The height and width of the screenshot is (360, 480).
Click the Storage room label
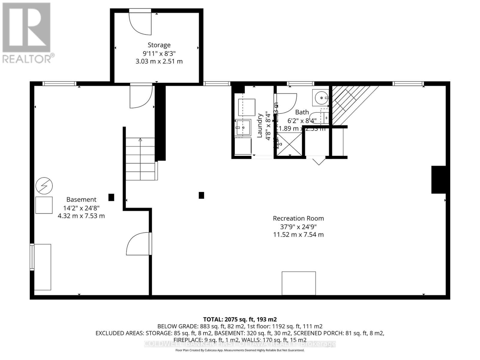159,45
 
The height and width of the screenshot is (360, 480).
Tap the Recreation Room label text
298,218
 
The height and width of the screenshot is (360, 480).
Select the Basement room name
81,199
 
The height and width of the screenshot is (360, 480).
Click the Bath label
302,112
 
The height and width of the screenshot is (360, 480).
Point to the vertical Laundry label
260,125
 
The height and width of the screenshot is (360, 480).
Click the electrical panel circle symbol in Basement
44,186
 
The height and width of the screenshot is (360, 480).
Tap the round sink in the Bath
321,97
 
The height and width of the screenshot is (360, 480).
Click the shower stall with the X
289,144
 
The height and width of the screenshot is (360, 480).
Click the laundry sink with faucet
243,127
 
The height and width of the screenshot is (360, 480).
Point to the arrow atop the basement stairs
140,139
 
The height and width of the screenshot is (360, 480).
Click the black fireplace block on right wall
438,179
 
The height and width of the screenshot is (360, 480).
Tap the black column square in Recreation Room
201,195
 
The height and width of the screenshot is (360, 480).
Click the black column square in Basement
111,197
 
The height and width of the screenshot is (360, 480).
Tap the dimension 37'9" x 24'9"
298,226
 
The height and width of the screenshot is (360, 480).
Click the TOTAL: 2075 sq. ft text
240,319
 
